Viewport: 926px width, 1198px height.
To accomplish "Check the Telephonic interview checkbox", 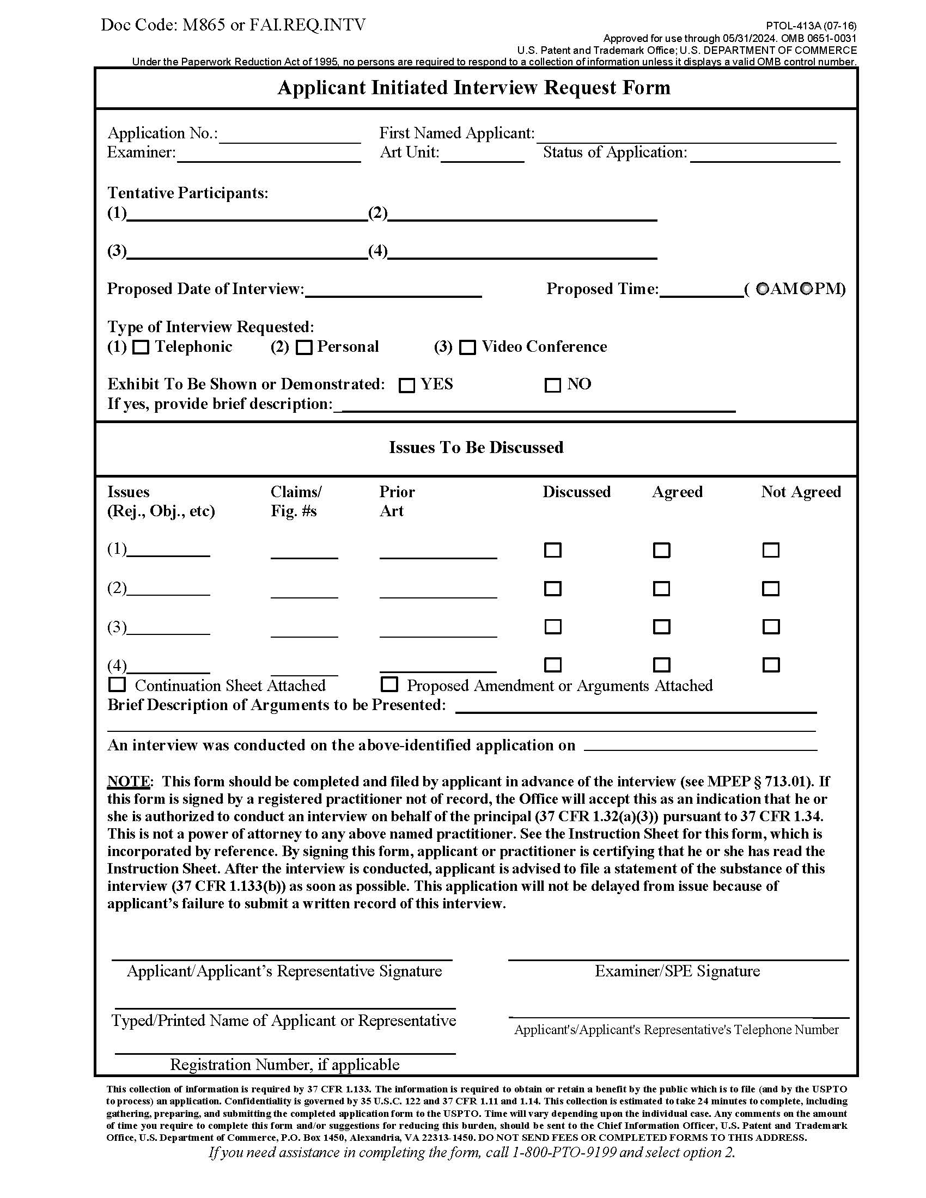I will pyautogui.click(x=141, y=347).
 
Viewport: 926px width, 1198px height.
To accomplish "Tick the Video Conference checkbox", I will pyautogui.click(x=467, y=347).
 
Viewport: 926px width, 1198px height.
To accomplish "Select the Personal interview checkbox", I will pyautogui.click(x=303, y=347).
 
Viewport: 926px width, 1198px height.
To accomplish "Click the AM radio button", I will pyautogui.click(x=763, y=289).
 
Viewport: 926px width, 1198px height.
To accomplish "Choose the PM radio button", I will pyautogui.click(x=806, y=289).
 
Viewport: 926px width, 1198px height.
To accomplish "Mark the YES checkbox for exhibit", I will pyautogui.click(x=406, y=385).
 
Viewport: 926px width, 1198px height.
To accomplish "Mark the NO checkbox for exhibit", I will pyautogui.click(x=552, y=385).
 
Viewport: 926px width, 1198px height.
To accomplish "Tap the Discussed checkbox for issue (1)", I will pyautogui.click(x=552, y=549).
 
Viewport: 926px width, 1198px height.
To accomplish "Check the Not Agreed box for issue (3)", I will pyautogui.click(x=771, y=626).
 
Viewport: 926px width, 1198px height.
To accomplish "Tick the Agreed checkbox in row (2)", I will pyautogui.click(x=662, y=589).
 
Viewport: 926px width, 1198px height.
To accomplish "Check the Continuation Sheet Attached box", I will pyautogui.click(x=117, y=684).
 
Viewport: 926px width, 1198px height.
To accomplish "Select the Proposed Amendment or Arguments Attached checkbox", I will pyautogui.click(x=389, y=684).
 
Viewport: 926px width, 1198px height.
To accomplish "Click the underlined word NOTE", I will pyautogui.click(x=129, y=781).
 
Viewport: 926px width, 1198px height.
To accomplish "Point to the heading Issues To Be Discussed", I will pyautogui.click(x=476, y=448).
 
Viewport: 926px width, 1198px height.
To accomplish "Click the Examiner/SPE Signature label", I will pyautogui.click(x=677, y=971).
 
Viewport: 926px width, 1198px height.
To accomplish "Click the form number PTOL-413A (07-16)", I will pyautogui.click(x=811, y=26).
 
